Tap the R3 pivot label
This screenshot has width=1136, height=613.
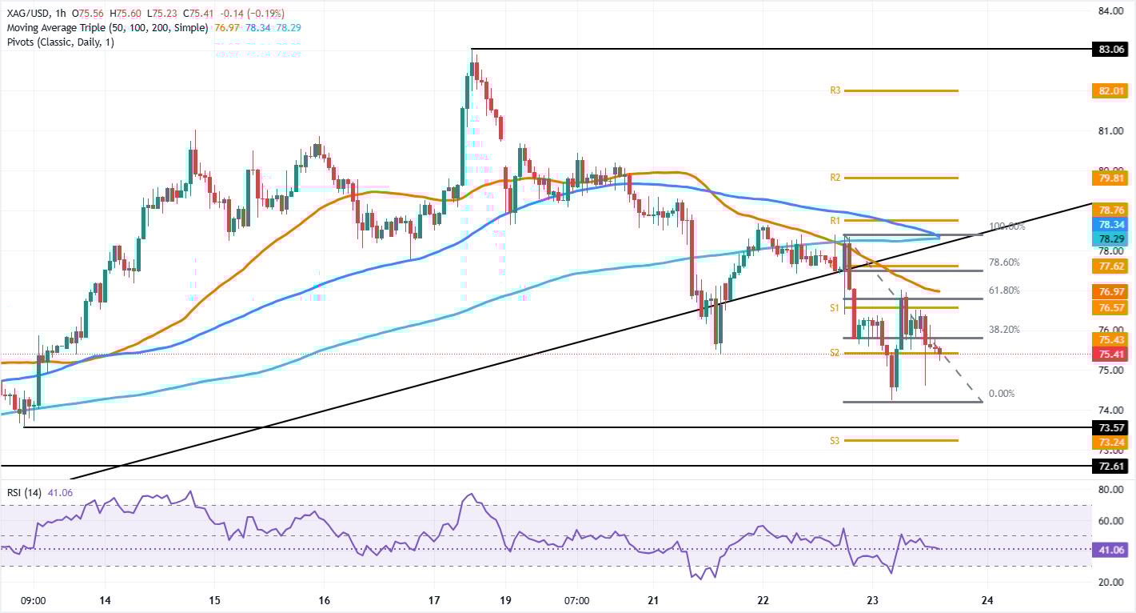click(x=835, y=91)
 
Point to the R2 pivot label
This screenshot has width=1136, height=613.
click(x=835, y=178)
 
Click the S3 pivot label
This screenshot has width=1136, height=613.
click(x=835, y=440)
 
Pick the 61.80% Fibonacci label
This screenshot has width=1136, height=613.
click(x=1003, y=290)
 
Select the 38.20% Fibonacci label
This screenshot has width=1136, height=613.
click(x=1003, y=329)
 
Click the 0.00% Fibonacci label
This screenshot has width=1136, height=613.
click(x=1002, y=394)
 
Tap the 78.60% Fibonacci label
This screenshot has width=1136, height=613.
click(x=1003, y=262)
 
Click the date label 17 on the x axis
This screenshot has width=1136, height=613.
click(x=434, y=600)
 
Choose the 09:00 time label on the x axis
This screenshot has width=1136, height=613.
click(x=33, y=600)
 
